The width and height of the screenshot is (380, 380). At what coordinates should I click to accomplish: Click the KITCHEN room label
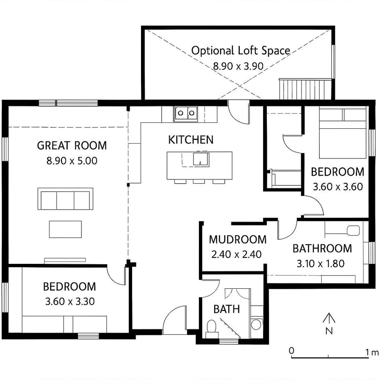click(x=191, y=140)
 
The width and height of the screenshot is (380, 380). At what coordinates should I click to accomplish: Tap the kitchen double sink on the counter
click(x=186, y=113)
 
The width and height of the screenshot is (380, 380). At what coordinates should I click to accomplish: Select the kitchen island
click(x=199, y=165)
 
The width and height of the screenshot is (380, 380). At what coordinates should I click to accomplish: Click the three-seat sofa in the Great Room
click(x=65, y=199)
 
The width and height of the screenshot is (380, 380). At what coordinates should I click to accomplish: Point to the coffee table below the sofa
click(x=65, y=229)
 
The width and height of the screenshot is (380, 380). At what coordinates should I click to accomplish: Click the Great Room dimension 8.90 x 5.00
click(x=72, y=160)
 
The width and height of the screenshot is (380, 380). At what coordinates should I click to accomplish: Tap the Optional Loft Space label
click(x=241, y=51)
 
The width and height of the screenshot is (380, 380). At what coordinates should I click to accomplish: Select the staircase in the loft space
click(x=304, y=89)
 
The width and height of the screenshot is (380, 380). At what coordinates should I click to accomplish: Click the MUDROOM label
click(x=238, y=240)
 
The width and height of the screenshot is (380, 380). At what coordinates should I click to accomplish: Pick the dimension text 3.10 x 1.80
click(x=320, y=264)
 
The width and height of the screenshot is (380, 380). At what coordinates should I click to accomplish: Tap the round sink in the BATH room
click(x=256, y=324)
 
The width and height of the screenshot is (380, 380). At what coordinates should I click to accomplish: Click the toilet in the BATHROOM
click(x=352, y=231)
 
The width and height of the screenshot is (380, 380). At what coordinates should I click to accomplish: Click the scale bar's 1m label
click(x=372, y=351)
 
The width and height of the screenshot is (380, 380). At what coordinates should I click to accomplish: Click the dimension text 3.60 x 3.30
click(x=69, y=301)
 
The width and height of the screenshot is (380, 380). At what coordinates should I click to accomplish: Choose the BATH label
click(x=226, y=309)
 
